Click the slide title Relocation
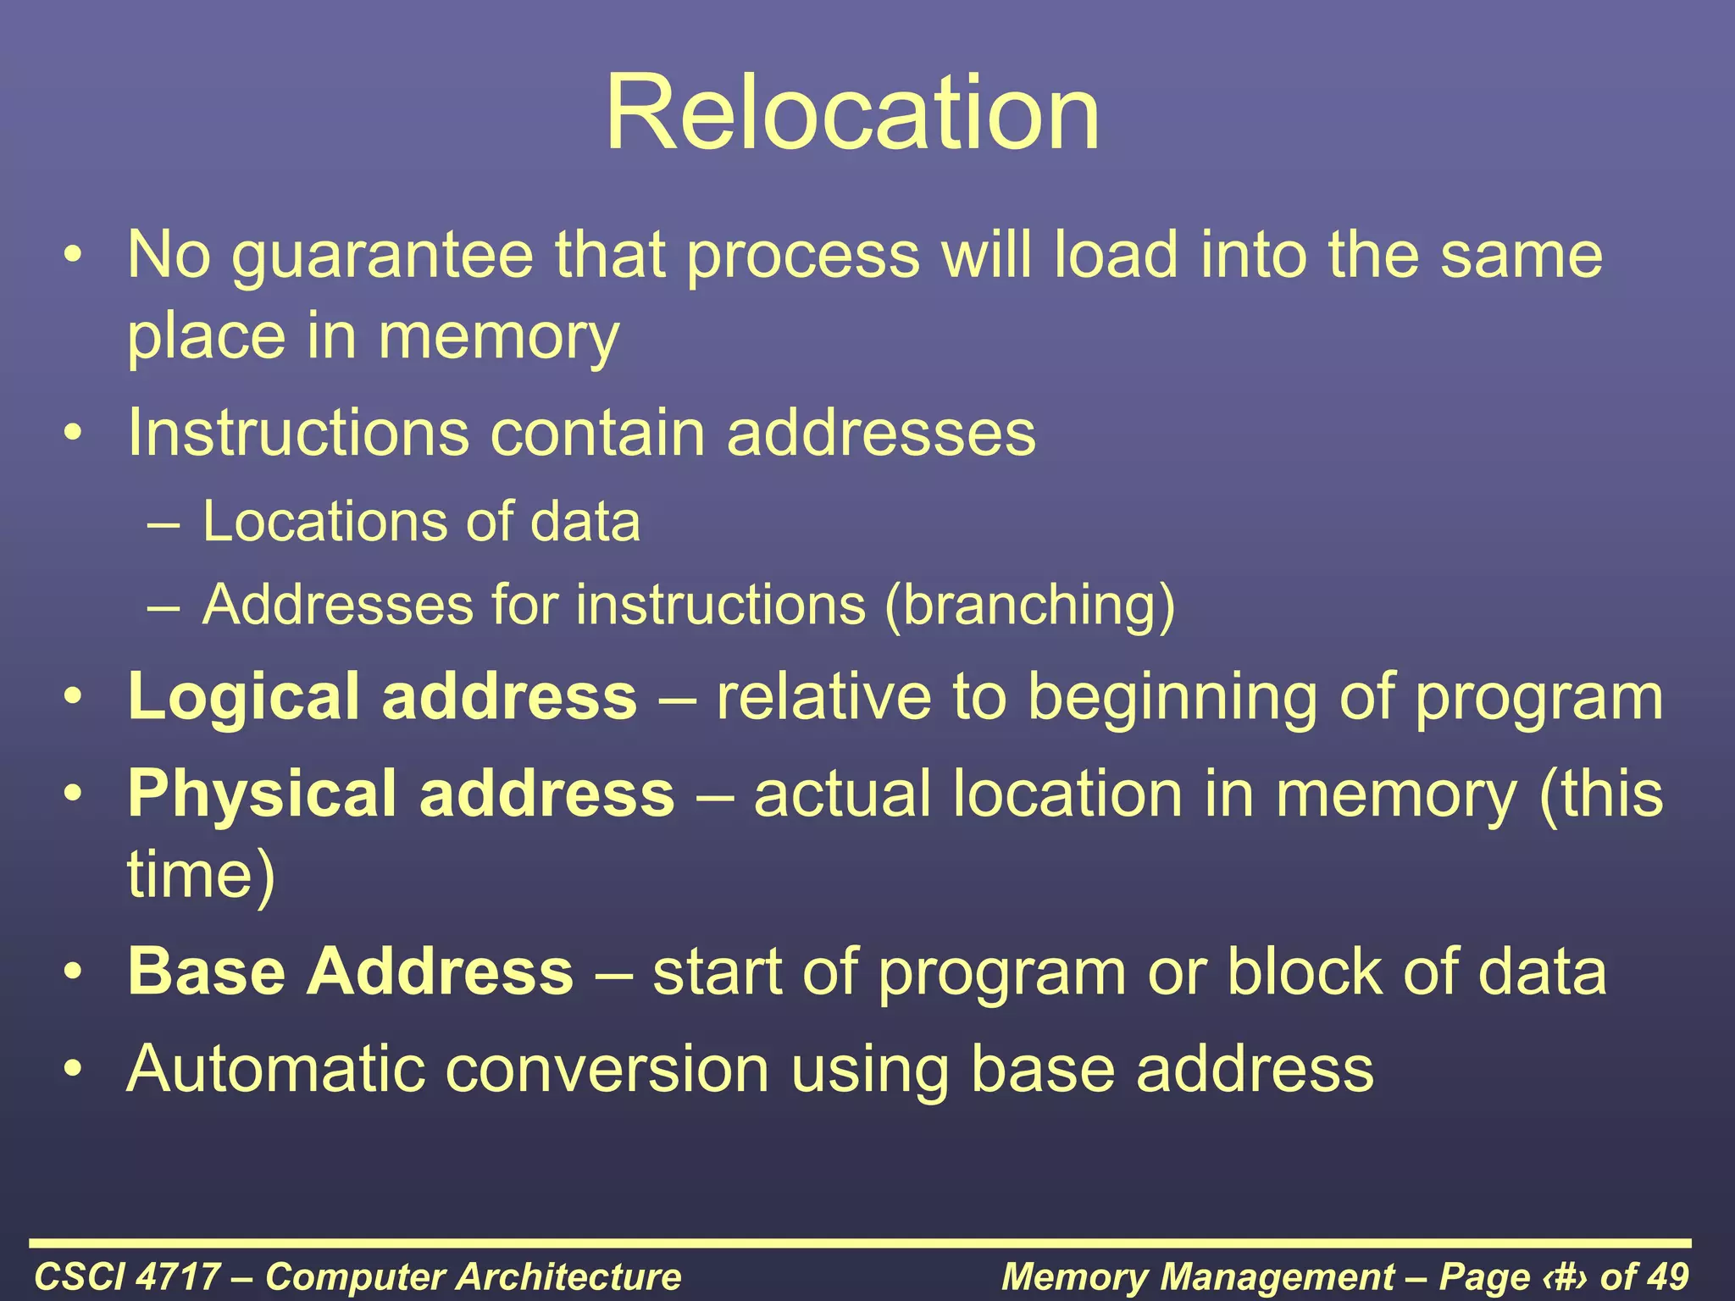tap(852, 113)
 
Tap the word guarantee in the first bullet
tap(383, 256)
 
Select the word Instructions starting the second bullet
tap(297, 434)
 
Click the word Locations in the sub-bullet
tap(323, 522)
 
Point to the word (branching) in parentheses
tap(1029, 606)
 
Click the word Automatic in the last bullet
tap(275, 1069)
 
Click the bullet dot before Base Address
tap(75, 972)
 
